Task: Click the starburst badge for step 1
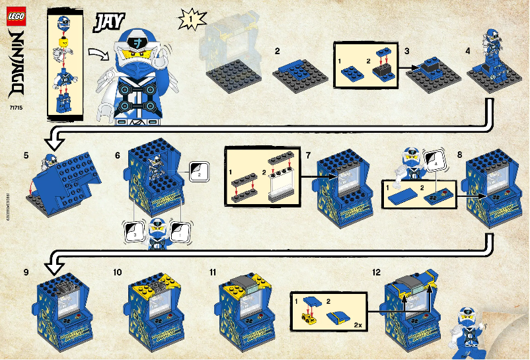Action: tap(189, 21)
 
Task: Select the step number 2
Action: tap(278, 51)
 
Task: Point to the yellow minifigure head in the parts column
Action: tap(64, 44)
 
